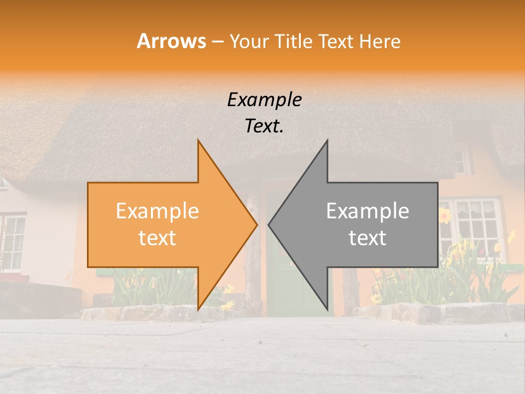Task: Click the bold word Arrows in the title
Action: [171, 41]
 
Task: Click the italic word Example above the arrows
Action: [264, 100]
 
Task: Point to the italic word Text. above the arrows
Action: [264, 126]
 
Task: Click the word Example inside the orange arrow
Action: [157, 211]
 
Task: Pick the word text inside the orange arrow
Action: [157, 238]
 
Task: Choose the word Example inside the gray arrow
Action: [367, 211]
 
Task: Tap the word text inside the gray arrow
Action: [367, 238]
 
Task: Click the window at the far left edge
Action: [12, 241]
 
